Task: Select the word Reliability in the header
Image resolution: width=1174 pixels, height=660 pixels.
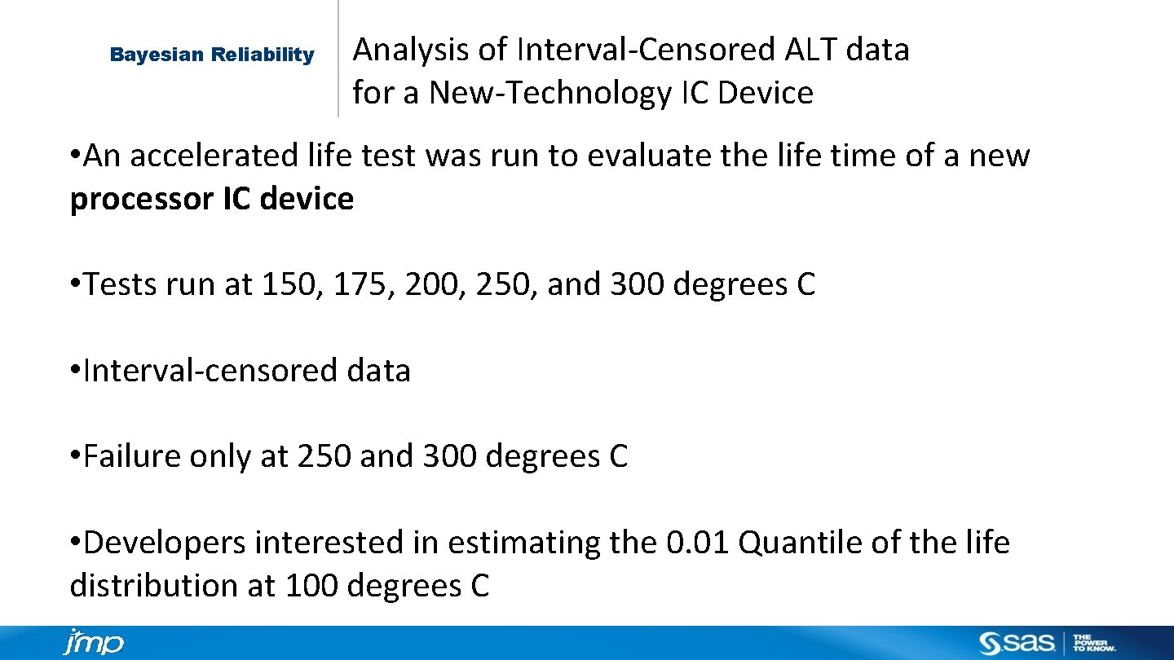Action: click(263, 55)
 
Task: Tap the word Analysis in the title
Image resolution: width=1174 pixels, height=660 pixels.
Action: click(411, 50)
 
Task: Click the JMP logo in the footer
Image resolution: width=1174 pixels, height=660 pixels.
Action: click(94, 642)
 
